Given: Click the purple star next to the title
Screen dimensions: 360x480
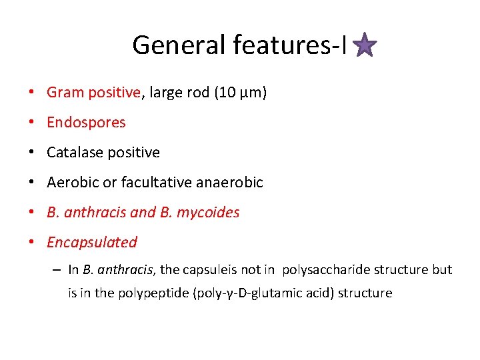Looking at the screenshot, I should (x=365, y=46).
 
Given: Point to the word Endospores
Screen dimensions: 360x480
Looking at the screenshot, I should (x=86, y=123).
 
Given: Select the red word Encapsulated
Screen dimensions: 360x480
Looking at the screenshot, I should (x=92, y=243).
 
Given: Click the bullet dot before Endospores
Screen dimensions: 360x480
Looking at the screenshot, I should (x=32, y=123).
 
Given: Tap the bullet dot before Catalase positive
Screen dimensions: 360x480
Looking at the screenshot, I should (x=32, y=153).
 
